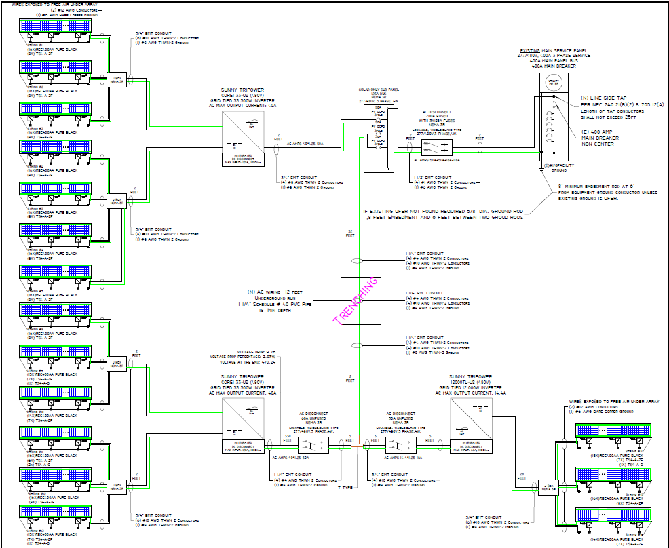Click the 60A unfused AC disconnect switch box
[313, 446]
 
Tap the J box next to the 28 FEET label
[548, 488]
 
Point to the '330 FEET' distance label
[288, 438]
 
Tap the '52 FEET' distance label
[350, 234]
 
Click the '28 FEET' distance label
[521, 476]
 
